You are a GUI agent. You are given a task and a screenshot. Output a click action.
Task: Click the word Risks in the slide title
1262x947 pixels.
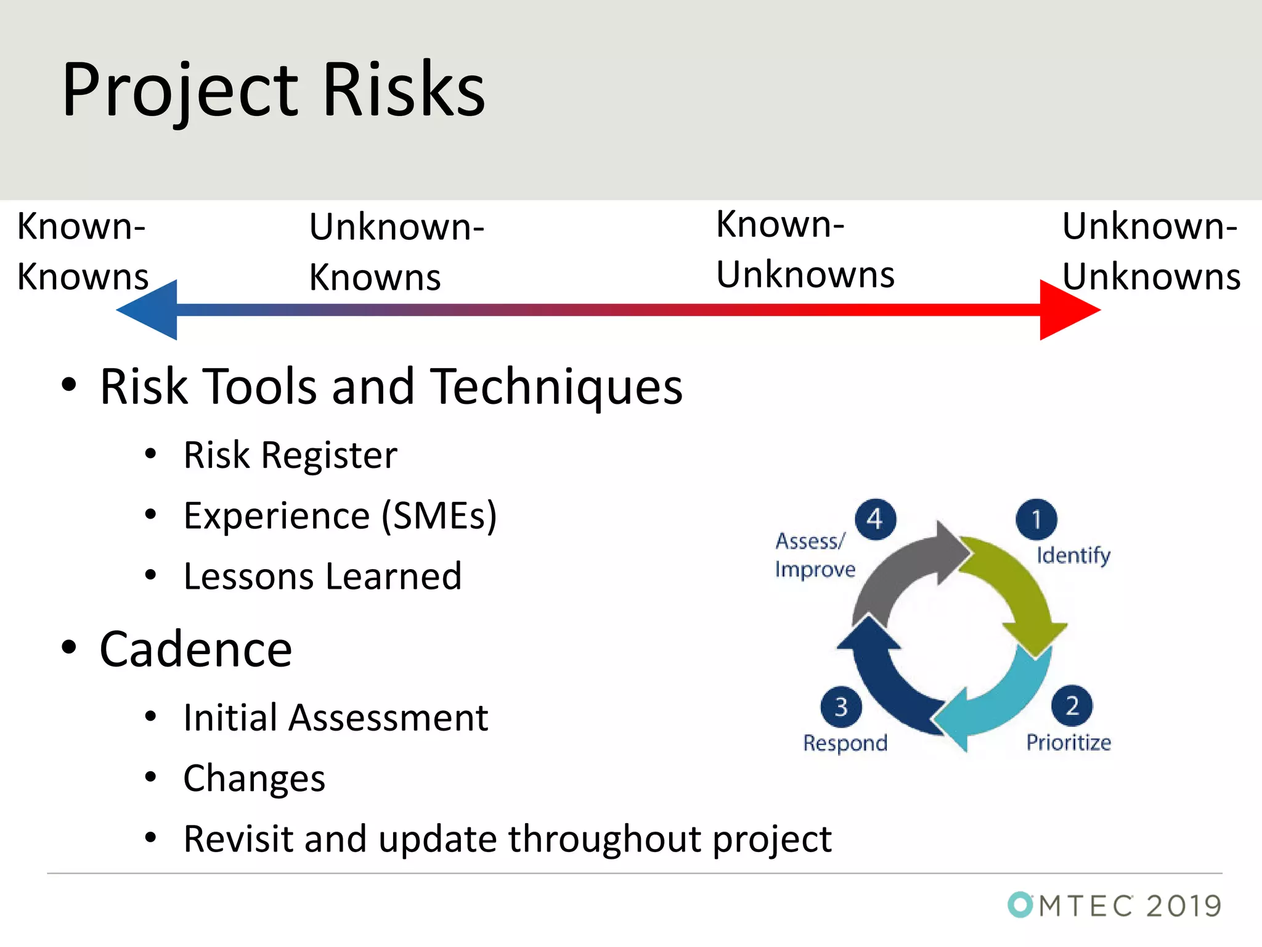pyautogui.click(x=404, y=91)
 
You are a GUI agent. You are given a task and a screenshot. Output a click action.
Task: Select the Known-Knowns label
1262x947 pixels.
pyautogui.click(x=82, y=252)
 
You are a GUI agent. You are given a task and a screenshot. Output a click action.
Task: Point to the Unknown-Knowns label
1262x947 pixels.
pyautogui.click(x=396, y=252)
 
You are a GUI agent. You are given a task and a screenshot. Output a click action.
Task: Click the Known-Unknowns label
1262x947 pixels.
pyautogui.click(x=804, y=250)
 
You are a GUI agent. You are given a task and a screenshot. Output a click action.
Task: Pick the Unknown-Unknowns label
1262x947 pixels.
pyautogui.click(x=1150, y=252)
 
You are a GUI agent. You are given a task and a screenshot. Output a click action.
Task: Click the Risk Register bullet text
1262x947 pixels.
pyautogui.click(x=290, y=456)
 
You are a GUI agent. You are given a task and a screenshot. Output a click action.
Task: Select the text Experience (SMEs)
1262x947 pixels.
pyautogui.click(x=340, y=516)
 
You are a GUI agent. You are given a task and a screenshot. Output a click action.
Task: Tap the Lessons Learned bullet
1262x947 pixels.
pyautogui.click(x=322, y=576)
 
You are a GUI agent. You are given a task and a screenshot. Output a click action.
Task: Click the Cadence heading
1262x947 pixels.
pyautogui.click(x=195, y=650)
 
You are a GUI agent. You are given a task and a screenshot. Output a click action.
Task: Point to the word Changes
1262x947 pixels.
pyautogui.click(x=254, y=779)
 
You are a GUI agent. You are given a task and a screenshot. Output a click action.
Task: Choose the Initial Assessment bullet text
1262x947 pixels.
pyautogui.click(x=336, y=718)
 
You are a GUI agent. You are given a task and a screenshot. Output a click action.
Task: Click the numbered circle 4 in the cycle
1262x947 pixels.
pyautogui.click(x=875, y=519)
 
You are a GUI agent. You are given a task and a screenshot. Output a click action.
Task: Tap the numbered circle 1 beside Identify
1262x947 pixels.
pyautogui.click(x=1036, y=519)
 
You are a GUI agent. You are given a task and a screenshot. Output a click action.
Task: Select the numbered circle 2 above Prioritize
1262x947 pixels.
pyautogui.click(x=1072, y=705)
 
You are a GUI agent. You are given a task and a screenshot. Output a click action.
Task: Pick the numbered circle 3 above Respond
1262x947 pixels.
pyautogui.click(x=841, y=707)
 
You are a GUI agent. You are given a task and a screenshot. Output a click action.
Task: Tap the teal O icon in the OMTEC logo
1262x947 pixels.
pyautogui.click(x=1020, y=905)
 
